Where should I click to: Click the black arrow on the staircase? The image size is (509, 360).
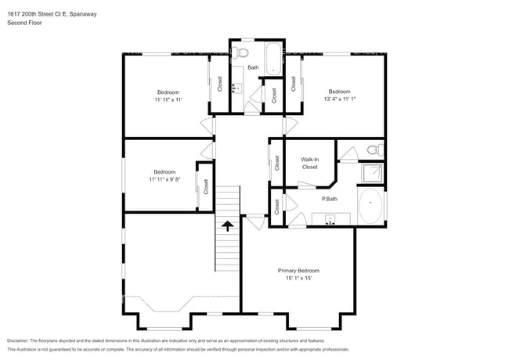click(228, 226)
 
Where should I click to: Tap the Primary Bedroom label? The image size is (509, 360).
click(298, 271)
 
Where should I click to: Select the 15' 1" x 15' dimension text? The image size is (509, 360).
click(298, 279)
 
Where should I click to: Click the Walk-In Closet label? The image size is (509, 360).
click(309, 163)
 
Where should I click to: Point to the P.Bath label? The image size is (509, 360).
click(330, 198)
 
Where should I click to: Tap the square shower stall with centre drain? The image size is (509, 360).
click(371, 173)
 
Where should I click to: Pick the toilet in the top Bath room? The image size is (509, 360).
click(243, 52)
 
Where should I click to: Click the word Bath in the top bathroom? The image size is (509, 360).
click(253, 68)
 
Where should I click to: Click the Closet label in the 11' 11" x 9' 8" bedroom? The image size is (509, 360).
click(206, 186)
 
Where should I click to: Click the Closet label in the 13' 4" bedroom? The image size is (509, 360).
click(294, 83)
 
